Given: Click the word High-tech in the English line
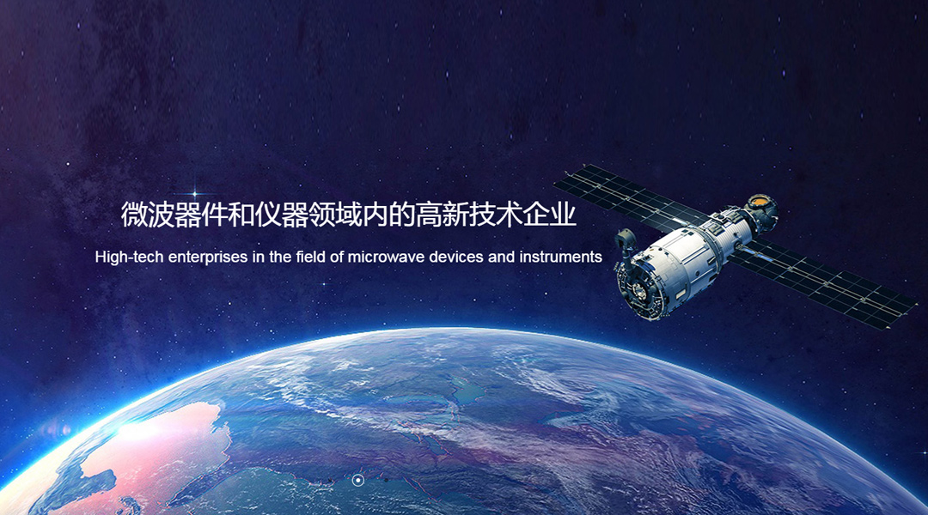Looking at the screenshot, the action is tap(130, 257).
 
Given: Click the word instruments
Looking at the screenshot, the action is tap(560, 257).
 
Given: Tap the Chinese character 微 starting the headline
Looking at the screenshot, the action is tap(134, 215).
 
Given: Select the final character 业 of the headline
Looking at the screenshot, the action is tap(563, 215).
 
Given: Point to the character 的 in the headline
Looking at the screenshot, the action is tap(402, 215).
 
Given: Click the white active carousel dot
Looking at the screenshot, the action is tap(357, 480).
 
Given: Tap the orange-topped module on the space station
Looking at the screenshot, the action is tap(761, 208).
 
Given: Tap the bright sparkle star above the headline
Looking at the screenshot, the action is tap(195, 193).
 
